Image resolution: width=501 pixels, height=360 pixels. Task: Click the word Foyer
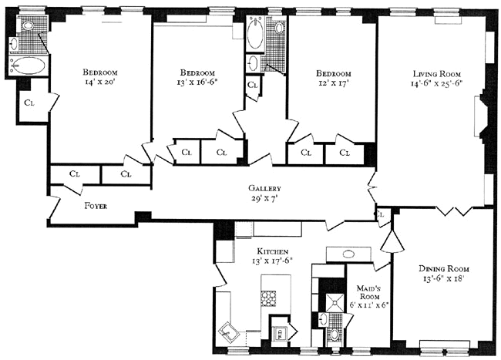[96, 207]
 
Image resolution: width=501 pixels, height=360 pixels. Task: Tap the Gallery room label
[264, 189]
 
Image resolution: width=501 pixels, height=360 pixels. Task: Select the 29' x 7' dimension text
[264, 199]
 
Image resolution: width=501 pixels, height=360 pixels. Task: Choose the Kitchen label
[273, 251]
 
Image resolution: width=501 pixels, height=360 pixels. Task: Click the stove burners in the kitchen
[271, 298]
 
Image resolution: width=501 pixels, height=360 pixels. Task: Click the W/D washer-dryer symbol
[283, 332]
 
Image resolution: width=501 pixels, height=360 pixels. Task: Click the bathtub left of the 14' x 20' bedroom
[26, 66]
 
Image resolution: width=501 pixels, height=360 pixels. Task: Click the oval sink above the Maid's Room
[345, 255]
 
